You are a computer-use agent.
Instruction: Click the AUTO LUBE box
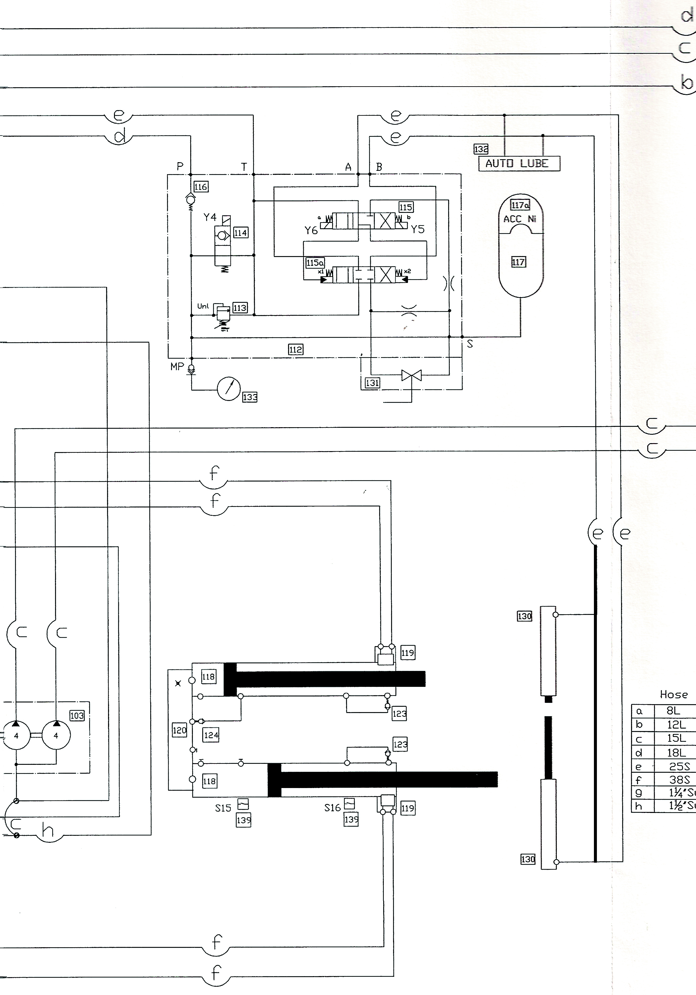pos(519,164)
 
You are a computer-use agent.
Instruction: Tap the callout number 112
pos(296,349)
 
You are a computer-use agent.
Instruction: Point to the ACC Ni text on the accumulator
pos(520,219)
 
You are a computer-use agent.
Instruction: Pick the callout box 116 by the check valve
pos(201,187)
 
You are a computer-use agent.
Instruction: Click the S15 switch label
pos(223,808)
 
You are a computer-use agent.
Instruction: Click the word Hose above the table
pos(673,695)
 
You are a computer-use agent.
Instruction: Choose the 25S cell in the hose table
pos(679,766)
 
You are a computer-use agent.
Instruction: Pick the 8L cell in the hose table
pos(673,711)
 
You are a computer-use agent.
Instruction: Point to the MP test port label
pos(177,366)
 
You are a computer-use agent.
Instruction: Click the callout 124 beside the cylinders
pos(211,735)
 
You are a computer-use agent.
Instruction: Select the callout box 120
pos(179,730)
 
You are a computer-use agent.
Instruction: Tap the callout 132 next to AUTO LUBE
pos(481,149)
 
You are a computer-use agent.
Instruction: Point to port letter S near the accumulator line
pos(470,344)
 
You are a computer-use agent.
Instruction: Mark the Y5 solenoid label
pos(418,229)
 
